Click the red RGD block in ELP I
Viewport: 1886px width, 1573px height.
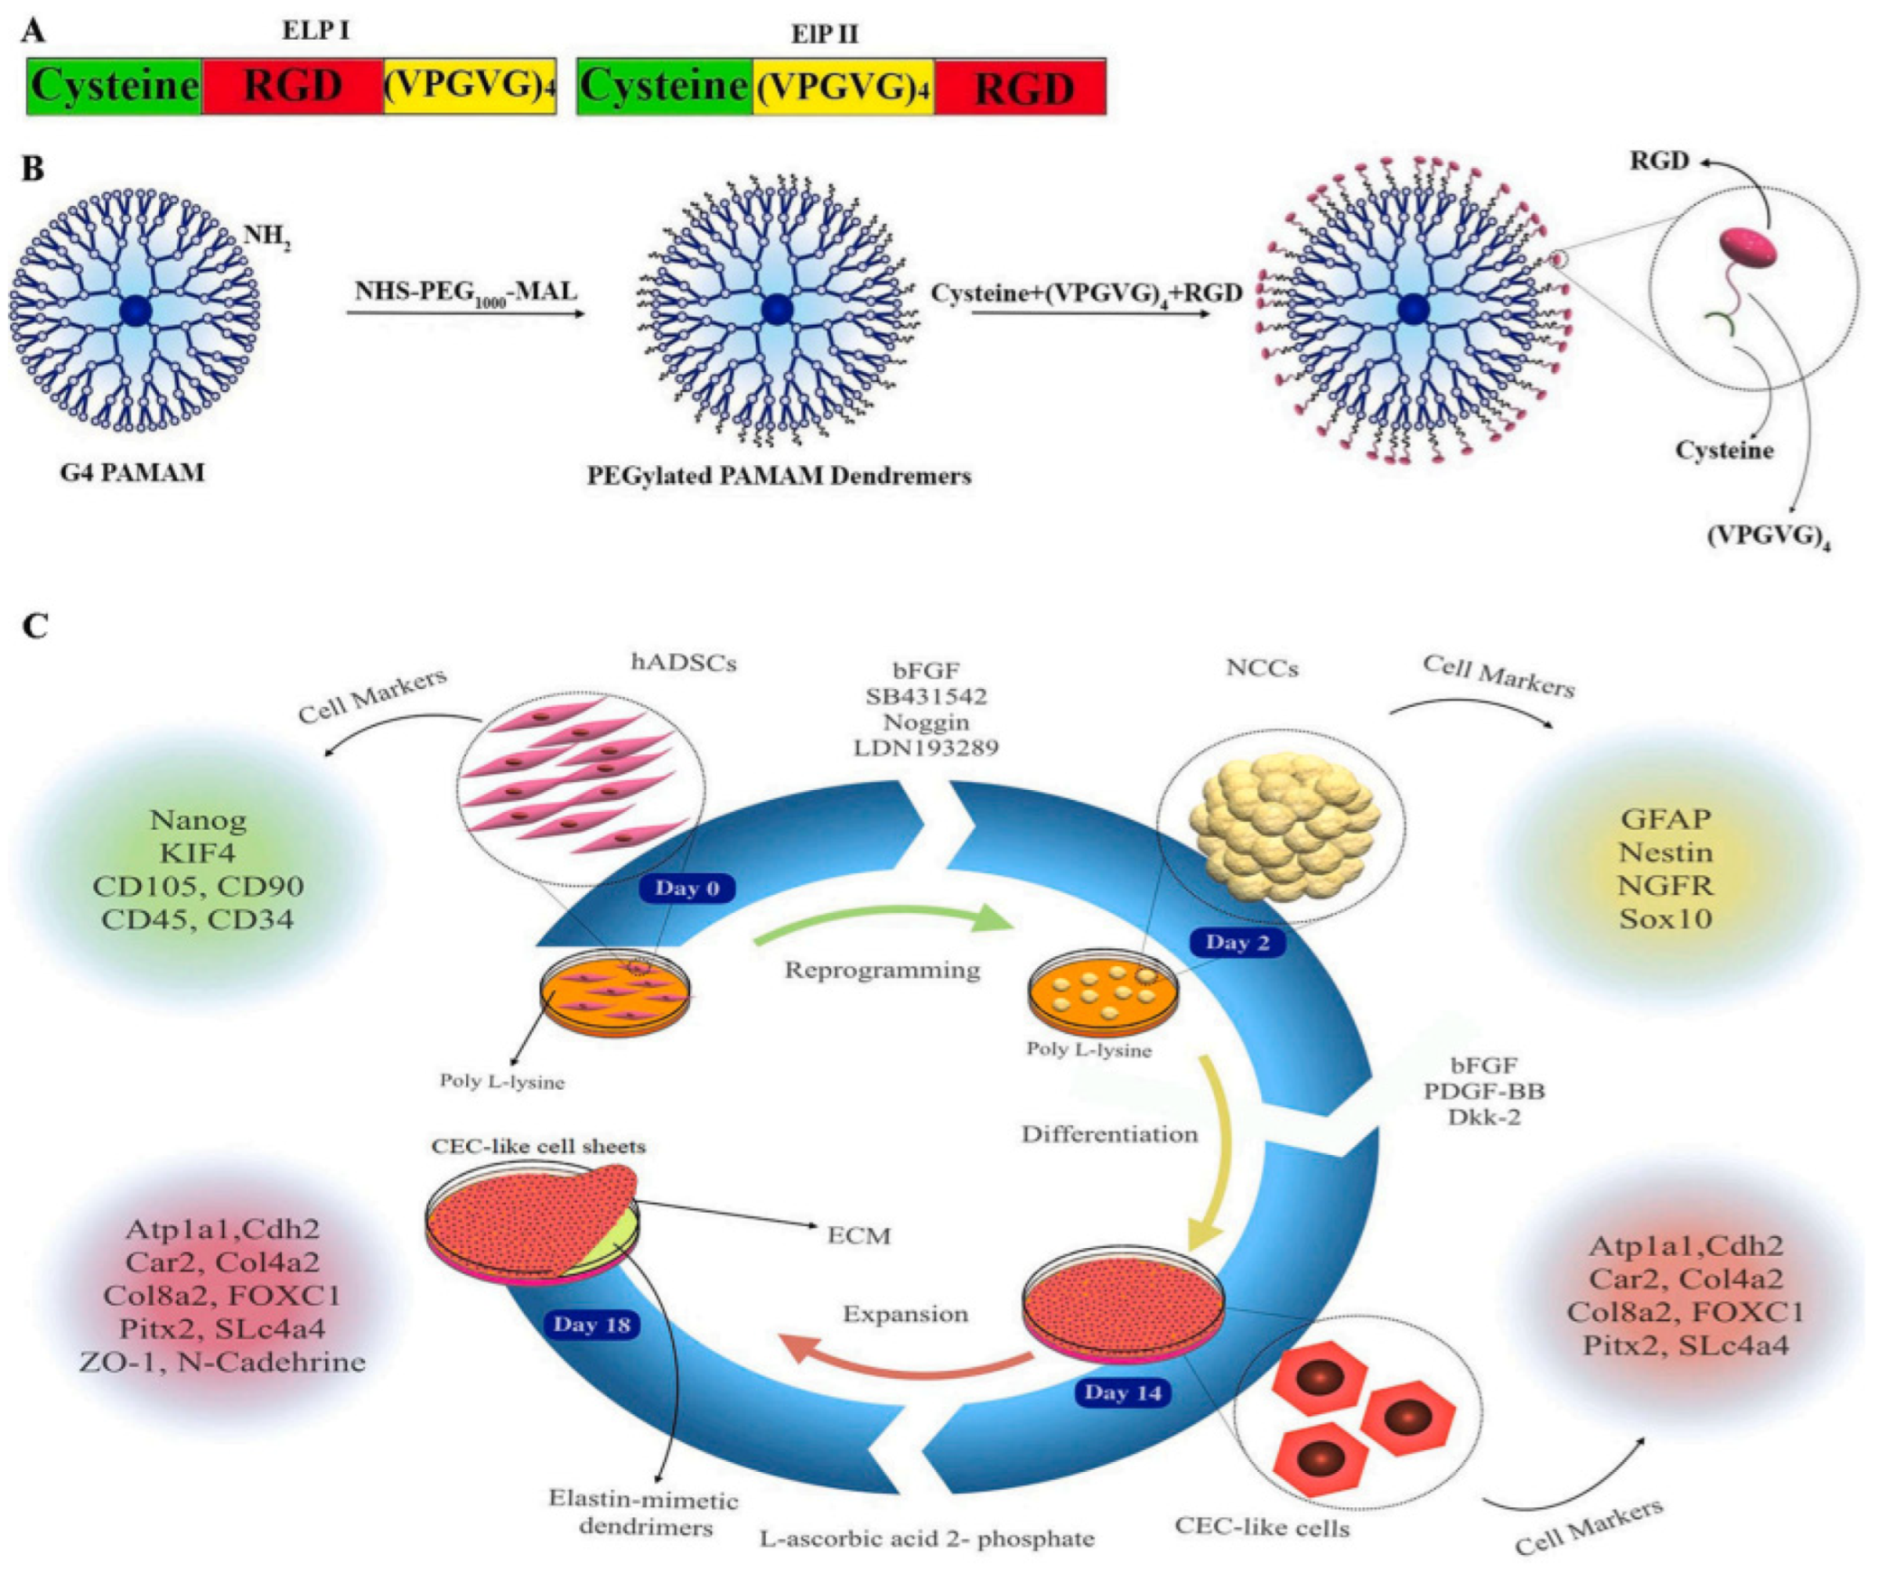[293, 87]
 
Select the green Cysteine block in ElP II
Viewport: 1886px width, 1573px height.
[664, 87]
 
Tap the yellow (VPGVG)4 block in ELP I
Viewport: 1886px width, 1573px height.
[469, 87]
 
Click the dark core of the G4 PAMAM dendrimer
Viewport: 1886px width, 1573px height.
[135, 310]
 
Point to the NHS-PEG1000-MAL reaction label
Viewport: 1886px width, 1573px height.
[465, 292]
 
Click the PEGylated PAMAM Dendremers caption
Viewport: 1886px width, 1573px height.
[779, 476]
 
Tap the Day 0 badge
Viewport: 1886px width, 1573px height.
[686, 888]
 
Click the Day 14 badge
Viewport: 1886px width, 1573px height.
[1123, 1392]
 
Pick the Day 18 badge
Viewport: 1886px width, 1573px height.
[592, 1325]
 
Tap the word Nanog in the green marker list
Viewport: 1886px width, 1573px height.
[197, 820]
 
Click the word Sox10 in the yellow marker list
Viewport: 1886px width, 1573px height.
[1665, 918]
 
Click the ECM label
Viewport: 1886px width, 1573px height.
[858, 1235]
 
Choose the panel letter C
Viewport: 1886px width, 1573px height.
[34, 626]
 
